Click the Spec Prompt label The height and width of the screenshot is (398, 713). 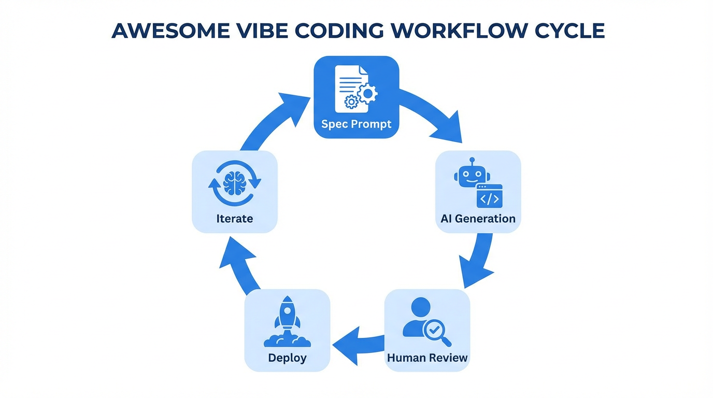tap(356, 124)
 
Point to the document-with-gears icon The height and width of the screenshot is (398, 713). tap(355, 89)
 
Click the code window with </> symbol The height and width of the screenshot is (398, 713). tap(489, 196)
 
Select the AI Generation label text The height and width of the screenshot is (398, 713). tap(478, 219)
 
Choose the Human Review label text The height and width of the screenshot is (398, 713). tap(427, 358)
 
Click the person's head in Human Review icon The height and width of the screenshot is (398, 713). tap(420, 307)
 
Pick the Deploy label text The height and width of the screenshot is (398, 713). tap(287, 358)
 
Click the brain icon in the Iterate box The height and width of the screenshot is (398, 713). tap(234, 183)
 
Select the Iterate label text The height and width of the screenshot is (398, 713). tap(234, 219)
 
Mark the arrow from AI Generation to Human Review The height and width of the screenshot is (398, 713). tap(479, 262)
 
